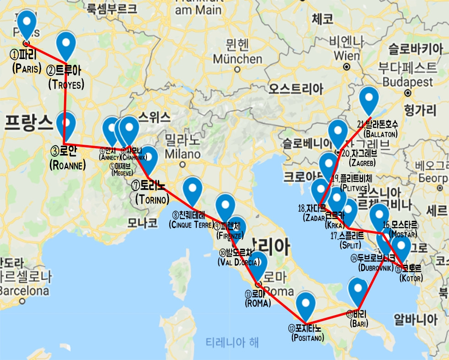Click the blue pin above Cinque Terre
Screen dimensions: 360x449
(192, 189)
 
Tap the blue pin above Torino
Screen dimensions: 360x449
(149, 159)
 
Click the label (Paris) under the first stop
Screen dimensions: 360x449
(27, 69)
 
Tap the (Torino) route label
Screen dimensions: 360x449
(152, 199)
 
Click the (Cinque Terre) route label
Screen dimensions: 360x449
(191, 224)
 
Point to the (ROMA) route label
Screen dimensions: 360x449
(258, 303)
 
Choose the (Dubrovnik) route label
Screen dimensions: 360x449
(376, 267)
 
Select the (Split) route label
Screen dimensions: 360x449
(351, 245)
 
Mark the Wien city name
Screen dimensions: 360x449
(347, 55)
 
